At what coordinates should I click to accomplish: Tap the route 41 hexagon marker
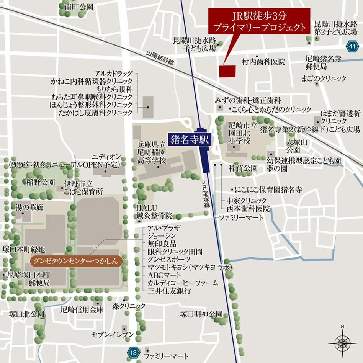point(352,47)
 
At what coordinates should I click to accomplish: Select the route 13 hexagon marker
point(132,352)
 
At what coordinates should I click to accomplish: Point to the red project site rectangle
point(227,71)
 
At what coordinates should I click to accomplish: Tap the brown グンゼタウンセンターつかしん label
point(76,262)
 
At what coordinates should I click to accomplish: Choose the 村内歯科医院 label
point(263,62)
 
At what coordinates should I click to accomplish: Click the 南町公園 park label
point(79,7)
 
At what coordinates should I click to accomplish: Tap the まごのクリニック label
point(324,78)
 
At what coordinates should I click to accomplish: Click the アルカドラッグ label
point(114,73)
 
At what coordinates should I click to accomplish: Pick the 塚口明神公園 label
point(201,314)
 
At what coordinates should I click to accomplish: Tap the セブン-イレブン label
point(113,335)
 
